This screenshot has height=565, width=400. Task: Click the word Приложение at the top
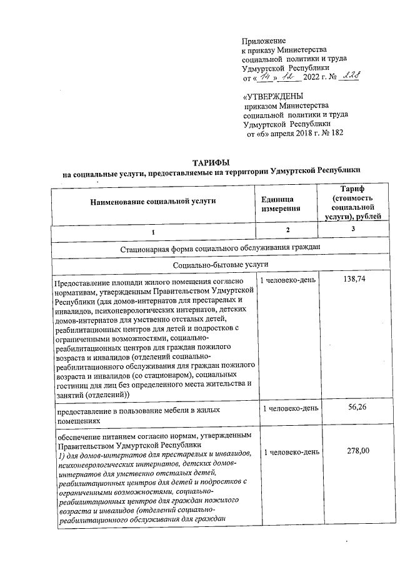[263, 41]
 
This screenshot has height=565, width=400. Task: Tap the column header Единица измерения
[281, 202]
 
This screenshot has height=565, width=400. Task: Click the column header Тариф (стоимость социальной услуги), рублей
[352, 202]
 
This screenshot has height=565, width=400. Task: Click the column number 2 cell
[287, 230]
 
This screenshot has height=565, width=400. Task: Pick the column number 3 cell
[352, 230]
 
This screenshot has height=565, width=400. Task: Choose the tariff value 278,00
[354, 451]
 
